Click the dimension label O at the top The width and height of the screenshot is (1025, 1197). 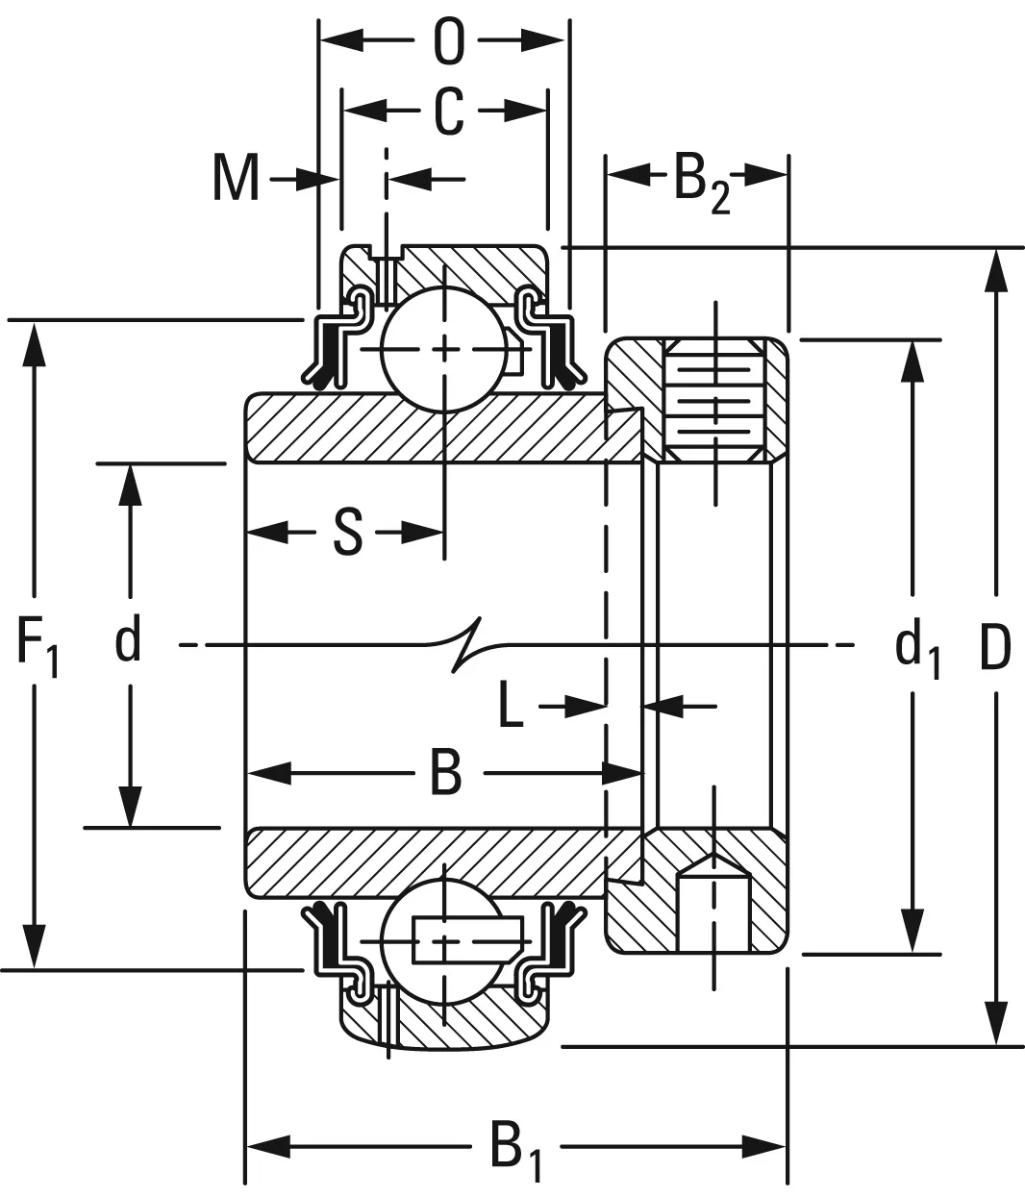coord(448,41)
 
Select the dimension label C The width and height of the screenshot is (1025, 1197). coord(448,112)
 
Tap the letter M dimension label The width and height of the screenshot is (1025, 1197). coord(236,179)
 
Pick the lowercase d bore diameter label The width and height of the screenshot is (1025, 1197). coord(128,641)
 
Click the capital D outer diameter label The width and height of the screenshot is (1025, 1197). coord(995,646)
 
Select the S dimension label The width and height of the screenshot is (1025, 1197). coord(347,533)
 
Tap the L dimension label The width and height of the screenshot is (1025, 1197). coord(511,708)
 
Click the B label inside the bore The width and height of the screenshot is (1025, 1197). coord(445,773)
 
